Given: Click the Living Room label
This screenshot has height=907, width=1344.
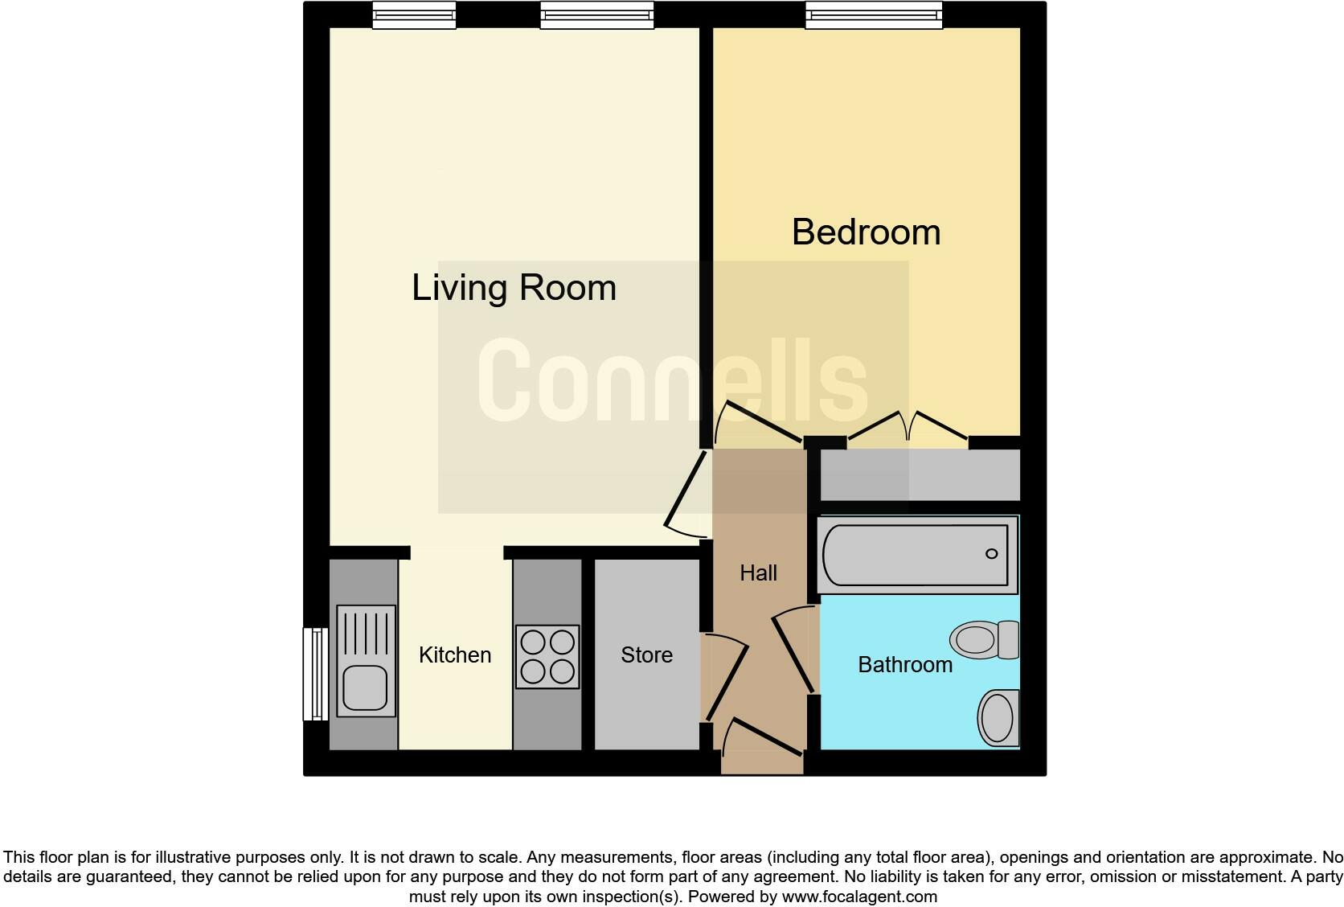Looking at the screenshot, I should [514, 288].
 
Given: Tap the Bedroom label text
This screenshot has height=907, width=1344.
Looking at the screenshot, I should [866, 232].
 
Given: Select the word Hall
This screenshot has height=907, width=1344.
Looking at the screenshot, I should [758, 573].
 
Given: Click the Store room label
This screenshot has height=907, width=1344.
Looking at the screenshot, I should [646, 655].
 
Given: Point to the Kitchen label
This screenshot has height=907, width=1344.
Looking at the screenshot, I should [455, 655].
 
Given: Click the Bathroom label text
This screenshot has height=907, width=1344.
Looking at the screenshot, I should [905, 665].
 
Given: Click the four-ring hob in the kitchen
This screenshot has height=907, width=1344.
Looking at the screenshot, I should [547, 656].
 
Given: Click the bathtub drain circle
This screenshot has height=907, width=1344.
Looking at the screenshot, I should [991, 554].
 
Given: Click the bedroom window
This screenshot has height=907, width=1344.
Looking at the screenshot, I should [874, 14].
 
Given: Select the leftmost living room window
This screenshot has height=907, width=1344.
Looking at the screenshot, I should [414, 14].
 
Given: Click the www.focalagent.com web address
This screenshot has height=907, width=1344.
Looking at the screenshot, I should [859, 896].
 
